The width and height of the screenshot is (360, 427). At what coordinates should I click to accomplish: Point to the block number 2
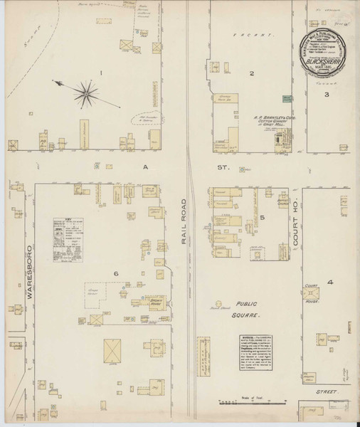coord(251,73)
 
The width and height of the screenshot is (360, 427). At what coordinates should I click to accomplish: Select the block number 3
coord(327,94)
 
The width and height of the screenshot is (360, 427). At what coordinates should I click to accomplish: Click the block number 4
coord(329,283)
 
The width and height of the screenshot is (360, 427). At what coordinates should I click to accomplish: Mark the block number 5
coord(263,217)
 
